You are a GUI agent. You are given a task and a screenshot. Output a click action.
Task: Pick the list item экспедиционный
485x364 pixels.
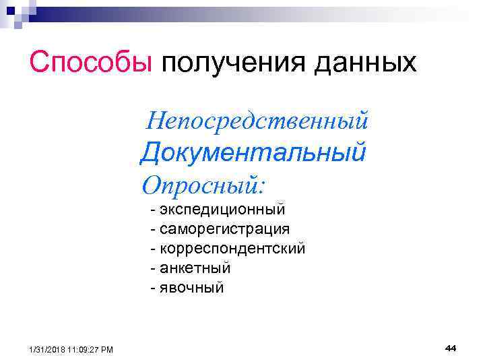coord(223,209)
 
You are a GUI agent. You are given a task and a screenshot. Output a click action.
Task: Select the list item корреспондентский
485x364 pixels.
coord(232,249)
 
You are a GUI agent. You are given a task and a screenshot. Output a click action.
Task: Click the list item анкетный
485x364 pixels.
coord(195,268)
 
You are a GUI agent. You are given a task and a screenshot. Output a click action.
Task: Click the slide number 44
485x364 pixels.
coord(451,348)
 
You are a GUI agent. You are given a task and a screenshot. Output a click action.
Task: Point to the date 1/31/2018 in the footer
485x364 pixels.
coord(48,349)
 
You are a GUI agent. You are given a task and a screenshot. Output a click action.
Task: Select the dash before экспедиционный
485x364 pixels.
coord(154,209)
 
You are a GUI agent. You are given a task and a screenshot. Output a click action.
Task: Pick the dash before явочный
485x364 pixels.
coord(154,288)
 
